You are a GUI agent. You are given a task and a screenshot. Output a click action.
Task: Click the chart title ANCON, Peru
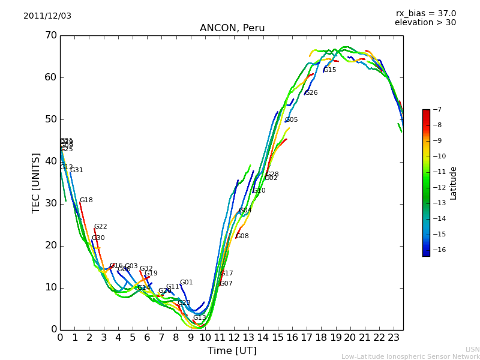pos(232,28)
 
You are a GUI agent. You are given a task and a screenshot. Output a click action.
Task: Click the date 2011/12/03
pos(47,16)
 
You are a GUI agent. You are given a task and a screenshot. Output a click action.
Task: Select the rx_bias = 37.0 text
pos(425,14)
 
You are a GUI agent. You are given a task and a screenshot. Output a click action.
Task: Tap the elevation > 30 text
pos(425,23)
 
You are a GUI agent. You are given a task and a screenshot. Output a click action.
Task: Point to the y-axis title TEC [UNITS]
pos(36,182)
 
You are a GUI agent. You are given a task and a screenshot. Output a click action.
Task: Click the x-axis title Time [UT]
pos(232,351)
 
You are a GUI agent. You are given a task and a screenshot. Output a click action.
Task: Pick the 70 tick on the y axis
pos(50,35)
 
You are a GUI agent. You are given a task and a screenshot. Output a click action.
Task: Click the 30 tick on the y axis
pos(50,203)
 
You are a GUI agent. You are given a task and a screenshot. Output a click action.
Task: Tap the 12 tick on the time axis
pos(234,338)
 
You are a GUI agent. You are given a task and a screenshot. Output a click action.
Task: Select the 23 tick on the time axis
pos(394,338)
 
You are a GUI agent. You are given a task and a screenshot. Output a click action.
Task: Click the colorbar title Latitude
pos(454,183)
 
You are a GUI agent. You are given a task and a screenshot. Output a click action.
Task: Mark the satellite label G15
pos(330,70)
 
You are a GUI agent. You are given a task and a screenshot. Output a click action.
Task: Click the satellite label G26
pos(311,93)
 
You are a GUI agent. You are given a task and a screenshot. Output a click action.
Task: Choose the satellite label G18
pos(86,200)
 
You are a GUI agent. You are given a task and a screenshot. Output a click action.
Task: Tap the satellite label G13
pos(200,318)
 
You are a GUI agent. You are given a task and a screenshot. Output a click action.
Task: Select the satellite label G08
pos(242,236)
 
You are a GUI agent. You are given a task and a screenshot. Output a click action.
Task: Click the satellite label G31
pos(77,170)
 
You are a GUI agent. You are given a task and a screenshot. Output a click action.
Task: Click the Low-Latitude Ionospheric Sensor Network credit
pos(410,356)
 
